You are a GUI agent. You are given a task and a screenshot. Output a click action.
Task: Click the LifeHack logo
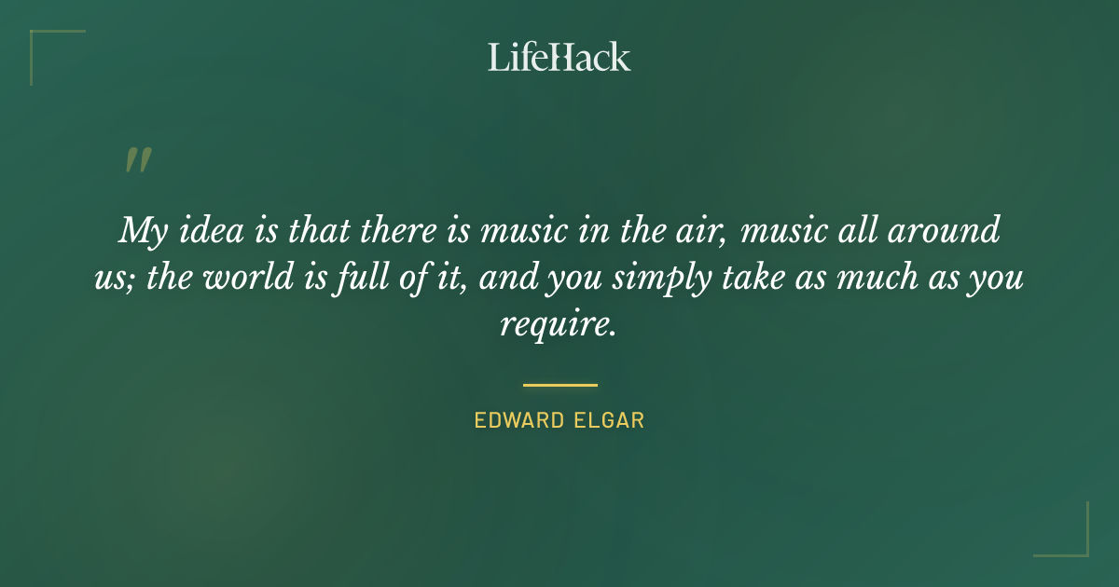[559, 57]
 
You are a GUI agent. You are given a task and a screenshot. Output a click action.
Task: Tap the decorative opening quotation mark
[137, 160]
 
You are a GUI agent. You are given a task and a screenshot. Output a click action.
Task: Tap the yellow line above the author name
[559, 384]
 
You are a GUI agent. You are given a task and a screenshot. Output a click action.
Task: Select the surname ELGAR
[610, 420]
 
